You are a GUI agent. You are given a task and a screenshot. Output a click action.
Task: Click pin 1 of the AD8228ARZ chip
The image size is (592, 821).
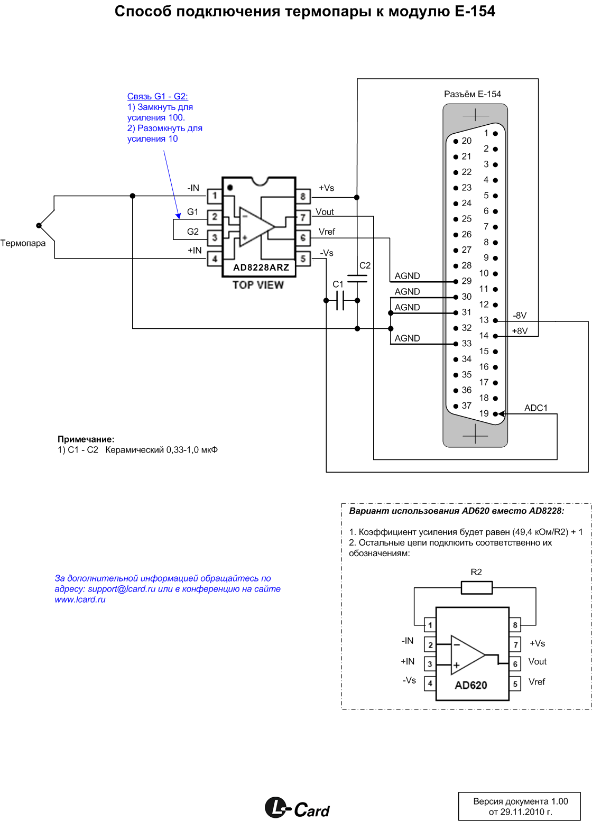coord(215,196)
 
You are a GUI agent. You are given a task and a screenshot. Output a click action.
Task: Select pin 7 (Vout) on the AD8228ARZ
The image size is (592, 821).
coord(303,217)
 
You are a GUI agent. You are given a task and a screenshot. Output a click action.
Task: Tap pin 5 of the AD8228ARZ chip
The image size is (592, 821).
coord(303,259)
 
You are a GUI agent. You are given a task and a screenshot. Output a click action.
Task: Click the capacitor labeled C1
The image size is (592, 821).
coord(340,301)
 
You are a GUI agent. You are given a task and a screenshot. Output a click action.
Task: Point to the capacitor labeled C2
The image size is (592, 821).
coord(357,279)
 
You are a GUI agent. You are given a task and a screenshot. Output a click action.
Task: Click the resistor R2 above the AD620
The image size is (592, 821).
coord(477,587)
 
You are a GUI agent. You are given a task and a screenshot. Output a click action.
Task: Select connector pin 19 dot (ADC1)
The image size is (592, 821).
coord(495,414)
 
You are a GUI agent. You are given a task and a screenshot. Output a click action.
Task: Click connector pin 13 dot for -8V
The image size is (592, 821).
coord(495,321)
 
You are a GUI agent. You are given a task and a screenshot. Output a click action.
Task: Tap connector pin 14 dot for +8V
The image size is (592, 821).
coord(495,336)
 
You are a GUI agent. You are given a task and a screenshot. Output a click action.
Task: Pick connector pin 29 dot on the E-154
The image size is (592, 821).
coord(456,281)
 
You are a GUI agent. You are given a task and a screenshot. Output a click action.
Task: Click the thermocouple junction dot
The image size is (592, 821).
coord(39,225)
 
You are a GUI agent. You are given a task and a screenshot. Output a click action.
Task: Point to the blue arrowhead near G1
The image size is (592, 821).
coord(178,216)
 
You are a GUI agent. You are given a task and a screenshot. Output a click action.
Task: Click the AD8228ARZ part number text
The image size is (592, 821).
coord(261,267)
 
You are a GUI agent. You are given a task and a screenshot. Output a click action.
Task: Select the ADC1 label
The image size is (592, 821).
coord(535,408)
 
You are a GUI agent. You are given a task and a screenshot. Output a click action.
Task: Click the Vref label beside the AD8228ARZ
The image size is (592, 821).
coord(327,232)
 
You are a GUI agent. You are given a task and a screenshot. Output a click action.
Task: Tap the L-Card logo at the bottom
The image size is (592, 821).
coord(297,808)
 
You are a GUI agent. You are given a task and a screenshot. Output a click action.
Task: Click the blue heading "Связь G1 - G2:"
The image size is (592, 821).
coord(158,96)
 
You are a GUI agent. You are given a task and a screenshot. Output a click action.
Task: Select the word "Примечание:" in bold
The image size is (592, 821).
coord(86,439)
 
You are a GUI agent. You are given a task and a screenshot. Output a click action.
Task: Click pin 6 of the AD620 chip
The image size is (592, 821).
coord(515,664)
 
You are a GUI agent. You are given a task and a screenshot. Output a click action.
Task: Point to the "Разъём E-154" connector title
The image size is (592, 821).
coord(472,94)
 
